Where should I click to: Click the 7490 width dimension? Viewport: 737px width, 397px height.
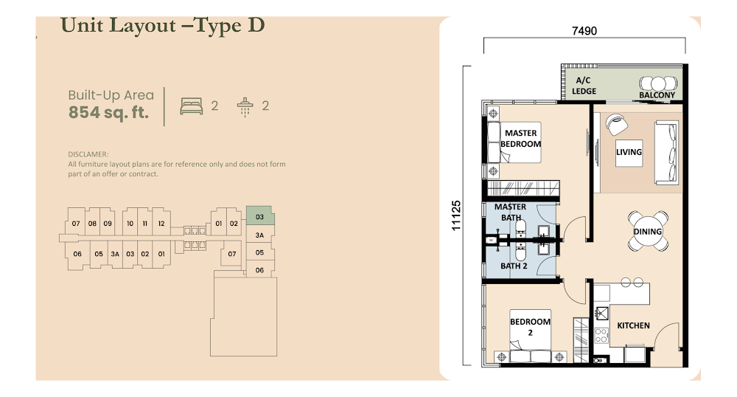(x=584, y=31)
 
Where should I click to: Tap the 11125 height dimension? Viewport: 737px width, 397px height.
(x=456, y=216)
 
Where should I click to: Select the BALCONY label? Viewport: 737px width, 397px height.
(x=657, y=95)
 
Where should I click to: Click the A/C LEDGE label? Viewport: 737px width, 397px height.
(x=584, y=86)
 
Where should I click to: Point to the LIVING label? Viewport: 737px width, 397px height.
(x=629, y=152)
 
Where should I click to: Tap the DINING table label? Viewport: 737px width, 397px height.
(x=648, y=232)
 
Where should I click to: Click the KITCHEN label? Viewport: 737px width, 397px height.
(x=633, y=325)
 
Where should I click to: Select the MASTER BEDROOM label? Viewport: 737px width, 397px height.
(x=521, y=139)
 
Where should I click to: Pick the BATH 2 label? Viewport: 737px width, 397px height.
(x=514, y=266)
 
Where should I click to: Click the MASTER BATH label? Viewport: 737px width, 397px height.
(x=511, y=212)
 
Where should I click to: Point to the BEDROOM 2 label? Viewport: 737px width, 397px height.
(x=530, y=327)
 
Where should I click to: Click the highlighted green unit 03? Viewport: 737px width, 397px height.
(x=260, y=216)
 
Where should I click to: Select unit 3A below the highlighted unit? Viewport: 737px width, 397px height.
(x=260, y=235)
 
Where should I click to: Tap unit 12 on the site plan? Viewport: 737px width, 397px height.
(x=161, y=224)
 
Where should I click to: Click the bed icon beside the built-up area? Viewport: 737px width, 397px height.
(x=192, y=106)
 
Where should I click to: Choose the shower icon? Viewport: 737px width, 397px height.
(x=245, y=107)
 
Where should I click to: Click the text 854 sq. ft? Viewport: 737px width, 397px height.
(x=108, y=112)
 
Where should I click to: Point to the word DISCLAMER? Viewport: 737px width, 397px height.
(x=88, y=154)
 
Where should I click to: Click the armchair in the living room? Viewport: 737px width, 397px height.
(x=616, y=124)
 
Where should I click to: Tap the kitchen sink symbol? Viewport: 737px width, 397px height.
(x=602, y=314)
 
